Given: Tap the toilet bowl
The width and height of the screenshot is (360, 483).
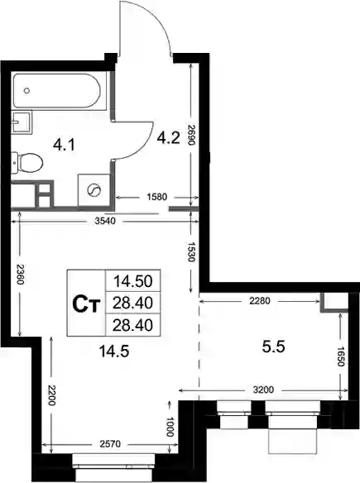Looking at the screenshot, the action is point(28,162).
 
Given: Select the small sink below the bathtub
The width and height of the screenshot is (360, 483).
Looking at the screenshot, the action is point(22,122).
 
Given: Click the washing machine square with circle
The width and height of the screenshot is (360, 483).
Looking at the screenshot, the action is point(94,190).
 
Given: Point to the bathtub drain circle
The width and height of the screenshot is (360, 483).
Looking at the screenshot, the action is point(26,91).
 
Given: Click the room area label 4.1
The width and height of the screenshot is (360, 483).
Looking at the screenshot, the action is point(64,145).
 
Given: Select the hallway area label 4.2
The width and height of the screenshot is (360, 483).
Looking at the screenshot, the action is point(168,137).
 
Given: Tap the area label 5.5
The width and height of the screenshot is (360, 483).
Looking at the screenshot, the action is point(273,347).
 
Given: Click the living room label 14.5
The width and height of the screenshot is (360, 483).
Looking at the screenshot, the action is point(114,351).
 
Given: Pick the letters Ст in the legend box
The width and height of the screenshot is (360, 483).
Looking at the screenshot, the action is point(86,304).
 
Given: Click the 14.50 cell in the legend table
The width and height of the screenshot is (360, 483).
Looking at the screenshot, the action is point(133,280).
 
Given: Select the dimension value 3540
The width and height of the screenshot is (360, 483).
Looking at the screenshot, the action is point(105,221).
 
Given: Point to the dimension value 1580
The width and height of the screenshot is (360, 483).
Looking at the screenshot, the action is point(157,197).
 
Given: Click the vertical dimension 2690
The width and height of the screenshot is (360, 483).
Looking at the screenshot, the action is point(191,135).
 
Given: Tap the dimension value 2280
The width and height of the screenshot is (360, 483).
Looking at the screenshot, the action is point(260,301).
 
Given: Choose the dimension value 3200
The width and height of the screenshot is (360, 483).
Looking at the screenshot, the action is point(263,390).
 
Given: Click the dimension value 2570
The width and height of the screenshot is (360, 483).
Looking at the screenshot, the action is point(110,444).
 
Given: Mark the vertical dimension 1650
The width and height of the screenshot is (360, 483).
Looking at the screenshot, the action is point(340,356).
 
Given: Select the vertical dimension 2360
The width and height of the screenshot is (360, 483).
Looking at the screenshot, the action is point(20,275).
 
